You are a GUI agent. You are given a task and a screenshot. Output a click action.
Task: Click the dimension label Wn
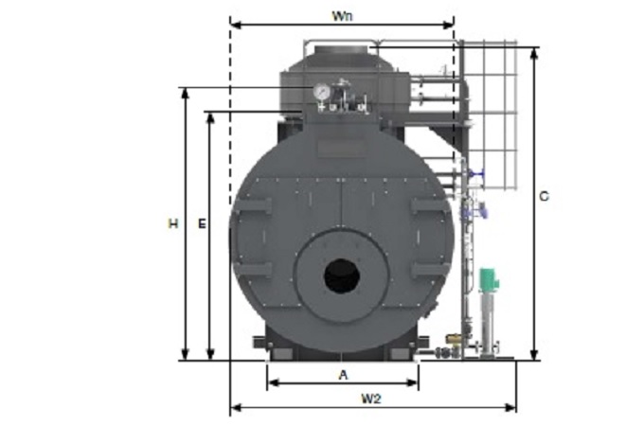pos(342,16)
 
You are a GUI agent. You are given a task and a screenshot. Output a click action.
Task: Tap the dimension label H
pos(173,224)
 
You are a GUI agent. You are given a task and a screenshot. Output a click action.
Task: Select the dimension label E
pos(202,224)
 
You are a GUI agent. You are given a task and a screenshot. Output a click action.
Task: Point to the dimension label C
pos(544,197)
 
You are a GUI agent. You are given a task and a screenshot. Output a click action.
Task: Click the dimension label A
pos(343,375)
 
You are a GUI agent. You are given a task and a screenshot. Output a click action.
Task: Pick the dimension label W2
pos(371,399)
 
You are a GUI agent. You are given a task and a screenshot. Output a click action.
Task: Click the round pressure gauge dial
pos(321,92)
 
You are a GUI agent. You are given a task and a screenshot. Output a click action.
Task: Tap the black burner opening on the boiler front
pos(342,275)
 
